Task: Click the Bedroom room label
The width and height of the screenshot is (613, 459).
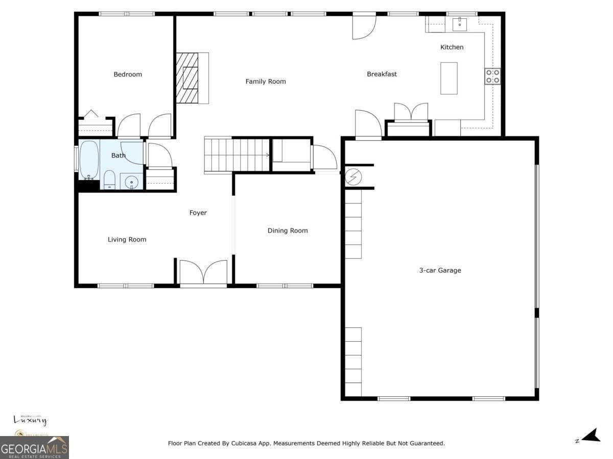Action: pos(128,74)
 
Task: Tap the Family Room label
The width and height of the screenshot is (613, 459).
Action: pos(266,82)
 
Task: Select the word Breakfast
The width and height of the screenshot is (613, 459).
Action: pos(382,74)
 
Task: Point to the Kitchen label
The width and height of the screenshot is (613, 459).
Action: pos(452,47)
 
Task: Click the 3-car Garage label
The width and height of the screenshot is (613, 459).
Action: pos(440,270)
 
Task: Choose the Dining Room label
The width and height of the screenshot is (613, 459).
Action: pos(288,231)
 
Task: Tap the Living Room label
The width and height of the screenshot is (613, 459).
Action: pos(127,239)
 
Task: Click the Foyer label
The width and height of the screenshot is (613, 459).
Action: pos(198,213)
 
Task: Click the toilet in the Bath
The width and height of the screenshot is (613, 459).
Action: pos(109,180)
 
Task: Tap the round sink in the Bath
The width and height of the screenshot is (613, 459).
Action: pos(132,181)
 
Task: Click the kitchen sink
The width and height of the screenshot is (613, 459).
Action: pos(460,23)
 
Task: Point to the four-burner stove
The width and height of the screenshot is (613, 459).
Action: pos(492,76)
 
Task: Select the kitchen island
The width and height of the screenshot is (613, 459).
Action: pos(449,78)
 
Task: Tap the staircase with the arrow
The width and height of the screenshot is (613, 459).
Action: pos(237,155)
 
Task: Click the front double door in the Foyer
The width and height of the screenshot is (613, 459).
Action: pos(203,272)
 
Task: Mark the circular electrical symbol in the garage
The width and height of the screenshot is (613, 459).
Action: pos(352,177)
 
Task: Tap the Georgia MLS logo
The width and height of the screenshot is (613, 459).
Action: pos(34,448)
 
